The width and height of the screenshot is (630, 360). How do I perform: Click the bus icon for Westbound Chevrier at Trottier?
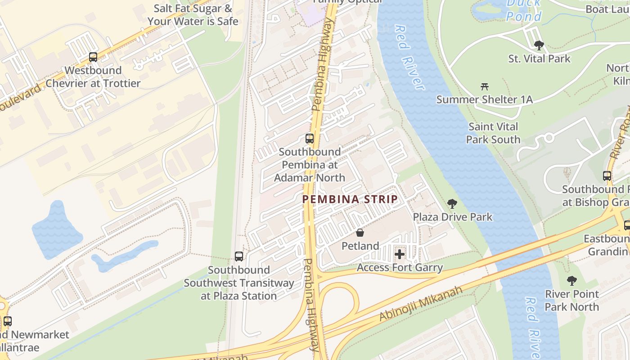coord(93,57)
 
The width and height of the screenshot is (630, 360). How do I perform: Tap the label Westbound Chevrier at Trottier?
coord(93,77)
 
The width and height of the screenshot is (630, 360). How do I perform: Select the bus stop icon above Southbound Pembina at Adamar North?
coord(310,139)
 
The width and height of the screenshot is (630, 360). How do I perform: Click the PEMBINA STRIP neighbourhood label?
coord(350,199)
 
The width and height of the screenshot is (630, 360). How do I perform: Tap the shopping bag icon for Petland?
coord(360,233)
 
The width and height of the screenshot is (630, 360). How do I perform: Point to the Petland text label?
coord(360,246)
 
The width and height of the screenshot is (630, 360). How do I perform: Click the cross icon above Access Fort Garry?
coord(400,255)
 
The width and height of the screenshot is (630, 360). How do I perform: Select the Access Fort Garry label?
coord(400,268)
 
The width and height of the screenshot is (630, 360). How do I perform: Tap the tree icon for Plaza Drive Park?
coord(452,204)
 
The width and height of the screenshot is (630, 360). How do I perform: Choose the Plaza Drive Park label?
coord(452,217)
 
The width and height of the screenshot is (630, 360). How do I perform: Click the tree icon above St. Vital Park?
coord(539,45)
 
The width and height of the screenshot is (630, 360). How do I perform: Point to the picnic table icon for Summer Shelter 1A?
coord(485,86)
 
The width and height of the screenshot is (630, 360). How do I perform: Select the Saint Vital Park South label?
coord(493,133)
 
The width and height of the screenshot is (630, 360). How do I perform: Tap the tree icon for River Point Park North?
coord(571,281)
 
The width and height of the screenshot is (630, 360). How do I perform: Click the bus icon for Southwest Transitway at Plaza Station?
coord(239,256)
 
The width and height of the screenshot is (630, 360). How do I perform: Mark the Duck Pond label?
coord(524,11)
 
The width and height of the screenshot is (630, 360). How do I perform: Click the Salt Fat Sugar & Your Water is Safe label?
coord(193,14)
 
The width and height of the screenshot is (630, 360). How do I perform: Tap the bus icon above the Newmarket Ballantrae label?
coord(7,321)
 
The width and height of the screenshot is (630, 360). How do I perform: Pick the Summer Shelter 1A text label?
coord(485,99)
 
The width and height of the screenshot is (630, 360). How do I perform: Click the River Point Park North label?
coord(571,301)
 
